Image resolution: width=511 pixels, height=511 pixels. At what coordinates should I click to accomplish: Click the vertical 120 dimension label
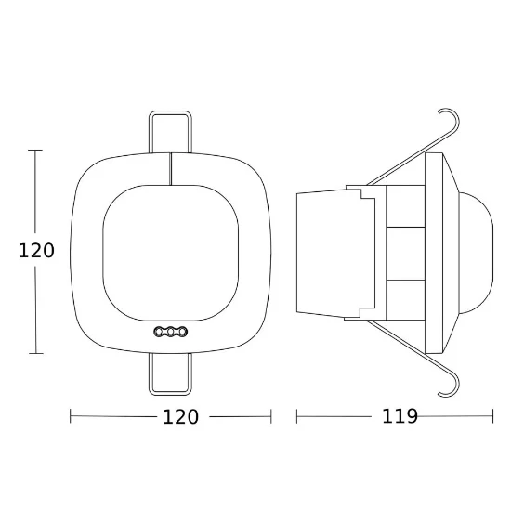pyautogui.click(x=36, y=251)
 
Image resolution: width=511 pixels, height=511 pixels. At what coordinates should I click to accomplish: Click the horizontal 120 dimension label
pyautogui.click(x=180, y=417)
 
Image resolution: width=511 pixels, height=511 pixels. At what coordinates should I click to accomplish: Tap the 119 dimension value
pyautogui.click(x=400, y=416)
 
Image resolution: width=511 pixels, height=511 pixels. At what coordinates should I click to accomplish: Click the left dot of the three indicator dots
pyautogui.click(x=159, y=332)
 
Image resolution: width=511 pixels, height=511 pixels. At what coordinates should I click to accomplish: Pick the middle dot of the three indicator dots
pyautogui.click(x=171, y=332)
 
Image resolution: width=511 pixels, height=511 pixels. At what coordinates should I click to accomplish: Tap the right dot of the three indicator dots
pyautogui.click(x=183, y=332)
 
